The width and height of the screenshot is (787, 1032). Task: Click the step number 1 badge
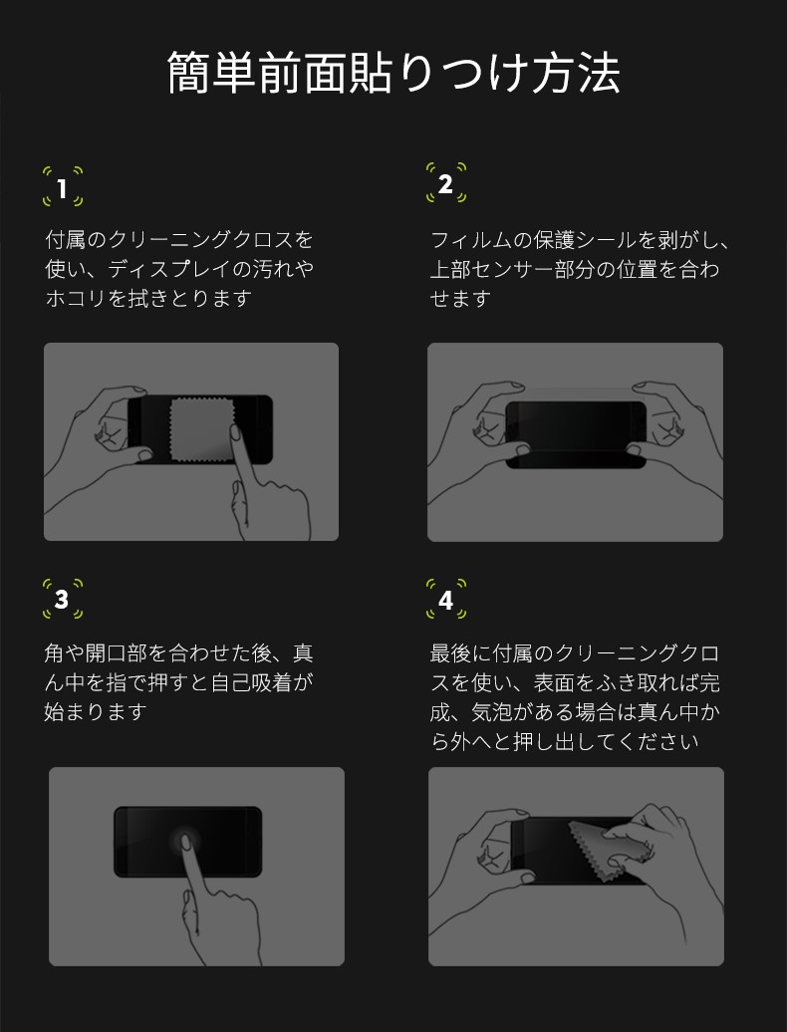63,187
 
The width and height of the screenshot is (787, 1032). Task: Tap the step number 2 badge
446,183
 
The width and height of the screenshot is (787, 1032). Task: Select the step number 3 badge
63,599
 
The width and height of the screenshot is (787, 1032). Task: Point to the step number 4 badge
446,599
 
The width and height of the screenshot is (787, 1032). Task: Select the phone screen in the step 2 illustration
576,434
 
